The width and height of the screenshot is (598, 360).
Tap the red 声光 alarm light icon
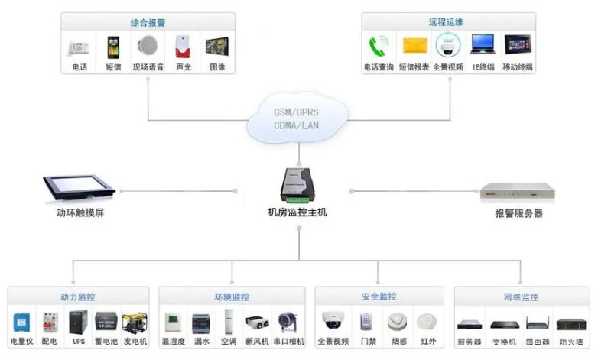183,47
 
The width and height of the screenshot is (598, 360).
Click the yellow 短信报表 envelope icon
414,47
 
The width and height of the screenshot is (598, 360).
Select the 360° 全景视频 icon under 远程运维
447,47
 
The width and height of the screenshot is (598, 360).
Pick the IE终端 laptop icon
482,47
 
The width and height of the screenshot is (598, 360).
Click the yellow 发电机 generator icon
134,321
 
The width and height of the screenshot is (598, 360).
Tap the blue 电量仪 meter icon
21,321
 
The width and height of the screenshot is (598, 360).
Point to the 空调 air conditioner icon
228,321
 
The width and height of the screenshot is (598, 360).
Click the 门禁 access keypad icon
366,321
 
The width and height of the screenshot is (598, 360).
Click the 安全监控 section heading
379,297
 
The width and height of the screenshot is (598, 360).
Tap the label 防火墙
570,342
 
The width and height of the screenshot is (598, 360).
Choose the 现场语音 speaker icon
148,47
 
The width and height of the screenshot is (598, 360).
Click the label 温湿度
174,341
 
